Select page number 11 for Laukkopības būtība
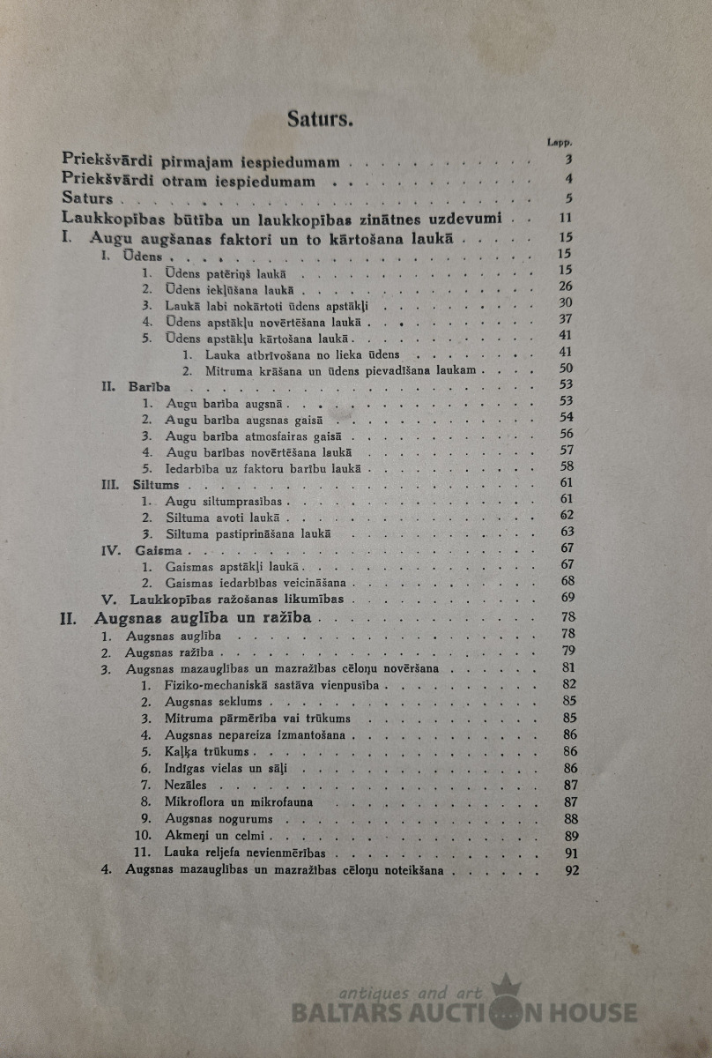[566, 219]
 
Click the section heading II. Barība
[137, 386]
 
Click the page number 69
[567, 598]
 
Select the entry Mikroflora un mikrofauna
[240, 802]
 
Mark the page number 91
[569, 853]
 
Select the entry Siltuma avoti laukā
[224, 516]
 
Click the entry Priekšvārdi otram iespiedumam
[189, 182]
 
